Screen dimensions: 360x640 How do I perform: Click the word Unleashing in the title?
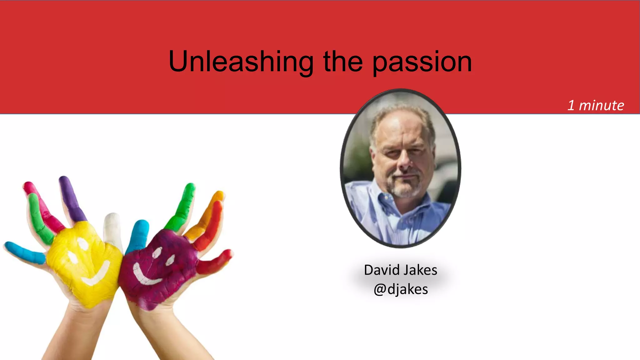(241, 62)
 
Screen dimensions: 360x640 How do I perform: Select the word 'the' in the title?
(343, 62)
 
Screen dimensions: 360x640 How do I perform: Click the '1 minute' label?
(596, 105)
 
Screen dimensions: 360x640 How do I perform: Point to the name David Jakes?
(400, 270)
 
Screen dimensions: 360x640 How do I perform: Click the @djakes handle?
(400, 289)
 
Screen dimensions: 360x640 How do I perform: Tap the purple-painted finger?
(71, 197)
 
